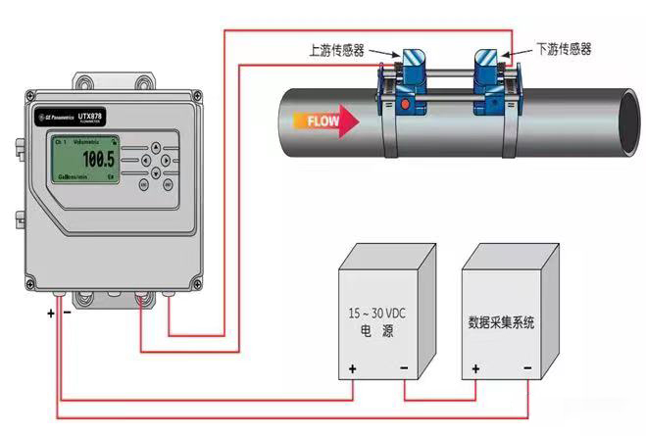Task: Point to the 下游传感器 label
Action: coord(563,46)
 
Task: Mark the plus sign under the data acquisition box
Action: coord(475,370)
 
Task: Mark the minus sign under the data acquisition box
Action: coord(527,370)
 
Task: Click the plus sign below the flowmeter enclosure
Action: coord(49,315)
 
